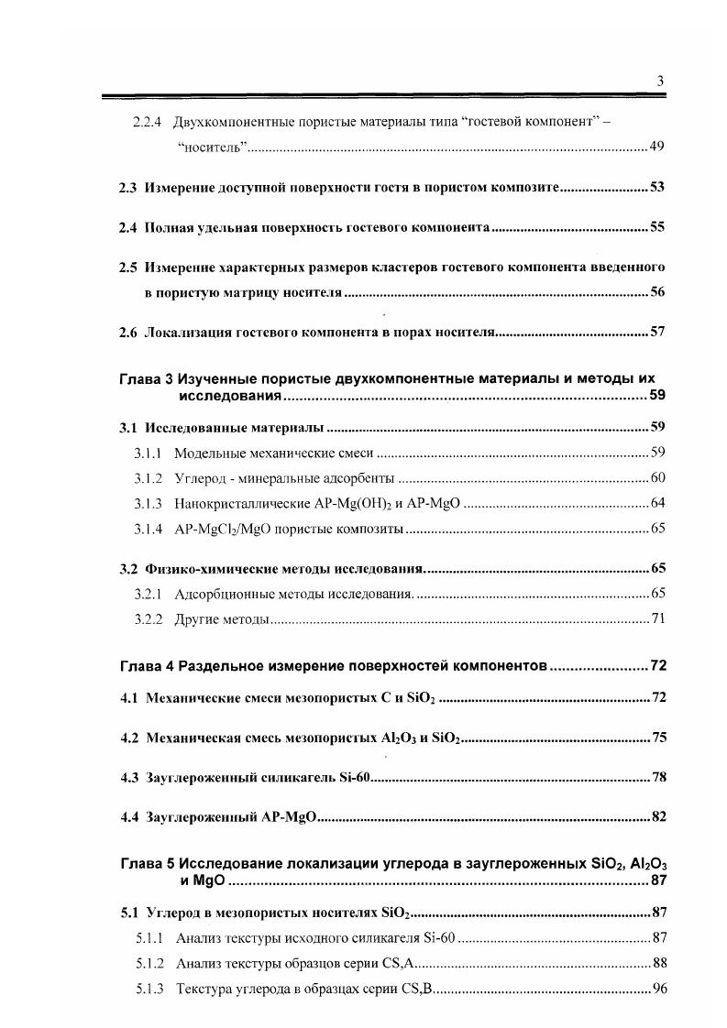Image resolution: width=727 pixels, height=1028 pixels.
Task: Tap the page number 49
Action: tap(656, 148)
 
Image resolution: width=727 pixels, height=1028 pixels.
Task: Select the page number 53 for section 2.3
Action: tap(656, 187)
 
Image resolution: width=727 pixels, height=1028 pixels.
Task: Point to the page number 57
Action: tap(656, 332)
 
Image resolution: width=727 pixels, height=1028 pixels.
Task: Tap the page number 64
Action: tap(656, 503)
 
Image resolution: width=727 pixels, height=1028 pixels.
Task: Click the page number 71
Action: tap(656, 619)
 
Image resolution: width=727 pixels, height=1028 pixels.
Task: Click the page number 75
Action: tap(656, 738)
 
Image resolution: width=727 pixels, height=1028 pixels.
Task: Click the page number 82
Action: tap(656, 816)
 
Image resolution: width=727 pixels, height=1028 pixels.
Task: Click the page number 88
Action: tap(656, 962)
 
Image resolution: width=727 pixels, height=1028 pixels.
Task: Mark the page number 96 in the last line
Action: tap(656, 988)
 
